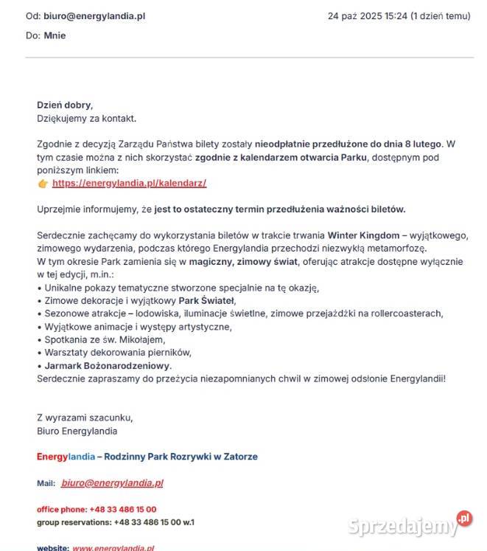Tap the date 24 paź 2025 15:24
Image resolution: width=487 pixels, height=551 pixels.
click(368, 16)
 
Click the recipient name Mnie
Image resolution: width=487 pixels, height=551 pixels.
click(55, 35)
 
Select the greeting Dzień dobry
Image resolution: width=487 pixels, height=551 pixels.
click(65, 105)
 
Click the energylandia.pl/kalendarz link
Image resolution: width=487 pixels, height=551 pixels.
click(129, 183)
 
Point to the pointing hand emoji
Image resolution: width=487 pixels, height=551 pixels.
click(43, 183)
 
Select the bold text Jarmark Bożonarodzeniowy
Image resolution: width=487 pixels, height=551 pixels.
click(108, 366)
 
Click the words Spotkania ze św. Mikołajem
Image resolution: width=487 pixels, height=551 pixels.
click(105, 339)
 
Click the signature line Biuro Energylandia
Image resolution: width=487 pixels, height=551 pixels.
click(77, 431)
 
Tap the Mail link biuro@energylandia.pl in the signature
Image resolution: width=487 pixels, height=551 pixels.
click(112, 483)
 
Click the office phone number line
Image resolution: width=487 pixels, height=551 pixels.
click(97, 509)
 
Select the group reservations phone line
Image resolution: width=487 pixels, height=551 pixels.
click(116, 521)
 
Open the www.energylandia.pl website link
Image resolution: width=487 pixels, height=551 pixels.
click(113, 548)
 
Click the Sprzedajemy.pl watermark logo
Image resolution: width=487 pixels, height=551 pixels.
click(410, 524)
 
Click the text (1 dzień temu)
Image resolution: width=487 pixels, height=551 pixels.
click(441, 16)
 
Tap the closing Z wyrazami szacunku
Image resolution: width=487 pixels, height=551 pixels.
click(85, 417)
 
